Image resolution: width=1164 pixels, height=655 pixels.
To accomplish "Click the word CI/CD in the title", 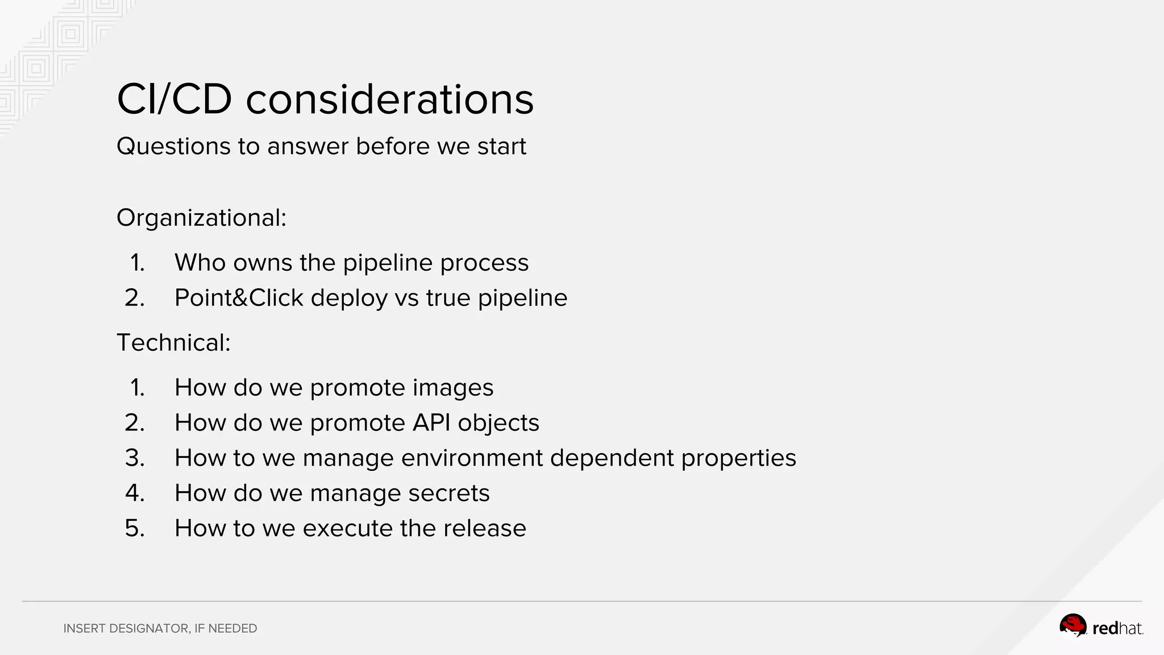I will [174, 100].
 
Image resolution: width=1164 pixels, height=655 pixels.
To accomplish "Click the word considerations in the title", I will [390, 100].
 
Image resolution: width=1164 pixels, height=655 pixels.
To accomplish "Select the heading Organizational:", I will [201, 218].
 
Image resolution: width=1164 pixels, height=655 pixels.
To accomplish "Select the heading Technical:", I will [173, 343].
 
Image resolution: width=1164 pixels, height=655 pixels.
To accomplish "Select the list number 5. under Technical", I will [135, 529].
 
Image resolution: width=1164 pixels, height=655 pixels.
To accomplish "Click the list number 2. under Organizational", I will [135, 298].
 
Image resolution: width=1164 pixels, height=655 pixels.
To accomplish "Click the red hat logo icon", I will [1072, 626].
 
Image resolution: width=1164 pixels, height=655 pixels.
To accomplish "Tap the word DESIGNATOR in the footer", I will [149, 629].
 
